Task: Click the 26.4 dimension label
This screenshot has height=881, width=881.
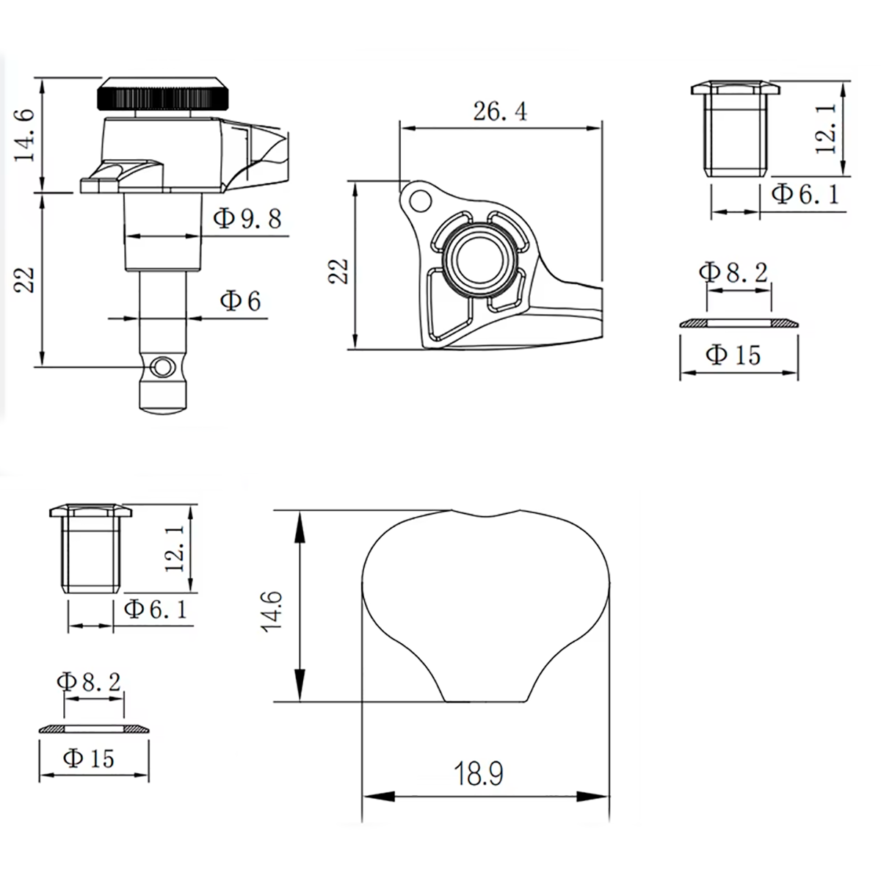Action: point(500,112)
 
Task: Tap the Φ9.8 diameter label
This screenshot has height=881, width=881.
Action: point(247,219)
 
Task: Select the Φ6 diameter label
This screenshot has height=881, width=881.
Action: point(240,301)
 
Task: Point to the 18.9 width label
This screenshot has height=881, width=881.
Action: point(479,774)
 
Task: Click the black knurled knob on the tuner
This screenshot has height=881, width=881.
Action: point(162,95)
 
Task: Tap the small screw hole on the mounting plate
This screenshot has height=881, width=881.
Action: point(420,200)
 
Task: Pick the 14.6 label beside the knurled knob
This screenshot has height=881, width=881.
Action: point(25,135)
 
